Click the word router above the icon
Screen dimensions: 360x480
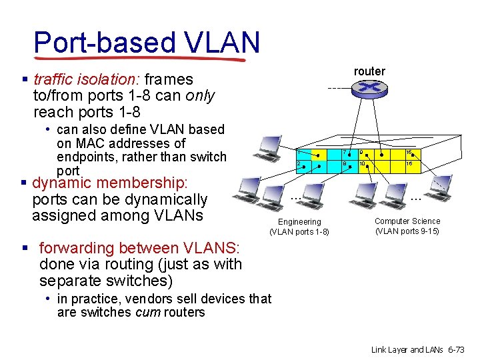pos(369,71)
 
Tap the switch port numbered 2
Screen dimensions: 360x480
pos(301,164)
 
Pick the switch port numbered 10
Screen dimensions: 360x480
pos(363,164)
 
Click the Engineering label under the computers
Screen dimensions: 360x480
pos(299,221)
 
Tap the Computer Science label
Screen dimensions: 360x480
pos(407,221)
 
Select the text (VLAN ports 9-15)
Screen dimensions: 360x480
pos(407,231)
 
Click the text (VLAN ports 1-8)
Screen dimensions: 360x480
pos(299,232)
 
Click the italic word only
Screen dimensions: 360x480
pos(201,96)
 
